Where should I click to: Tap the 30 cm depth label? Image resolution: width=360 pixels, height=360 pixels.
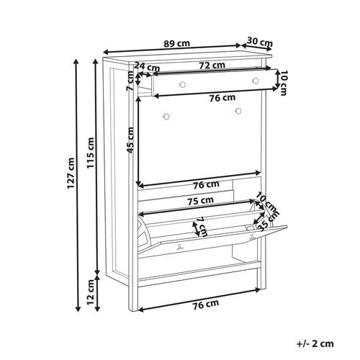[259, 41]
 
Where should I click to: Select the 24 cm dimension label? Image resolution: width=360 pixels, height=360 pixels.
[147, 67]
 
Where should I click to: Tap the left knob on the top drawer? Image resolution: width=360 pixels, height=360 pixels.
[182, 84]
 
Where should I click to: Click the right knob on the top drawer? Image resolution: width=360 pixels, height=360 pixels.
[255, 84]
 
